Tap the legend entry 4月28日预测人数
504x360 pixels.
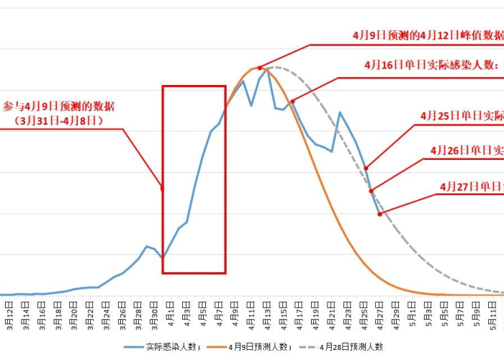(x=351, y=347)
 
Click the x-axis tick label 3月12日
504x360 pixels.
(x=9, y=315)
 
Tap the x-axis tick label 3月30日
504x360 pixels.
(x=155, y=315)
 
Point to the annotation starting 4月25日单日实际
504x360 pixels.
(x=462, y=116)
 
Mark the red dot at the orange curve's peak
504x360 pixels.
(x=260, y=68)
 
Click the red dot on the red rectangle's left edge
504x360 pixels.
(x=163, y=189)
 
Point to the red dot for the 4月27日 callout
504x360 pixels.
(x=379, y=214)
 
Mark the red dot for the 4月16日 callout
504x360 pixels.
(x=292, y=102)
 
